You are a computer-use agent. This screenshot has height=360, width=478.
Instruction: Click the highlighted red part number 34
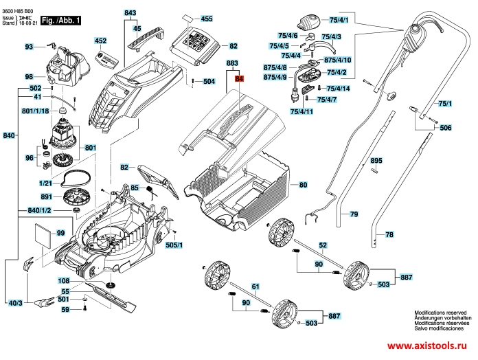pyautogui.click(x=240, y=79)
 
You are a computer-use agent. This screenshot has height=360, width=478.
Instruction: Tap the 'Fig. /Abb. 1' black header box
pyautogui.click(x=60, y=21)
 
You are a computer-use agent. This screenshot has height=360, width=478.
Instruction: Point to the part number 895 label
pyautogui.click(x=376, y=160)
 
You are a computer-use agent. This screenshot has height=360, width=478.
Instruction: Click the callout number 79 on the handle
pyautogui.click(x=354, y=215)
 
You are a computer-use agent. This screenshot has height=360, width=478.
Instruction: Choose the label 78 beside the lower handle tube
pyautogui.click(x=389, y=235)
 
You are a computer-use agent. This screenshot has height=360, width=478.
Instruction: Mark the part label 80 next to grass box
pyautogui.click(x=303, y=185)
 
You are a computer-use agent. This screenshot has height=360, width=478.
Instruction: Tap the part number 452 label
pyautogui.click(x=100, y=41)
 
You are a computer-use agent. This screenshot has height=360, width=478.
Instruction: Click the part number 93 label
pyautogui.click(x=29, y=47)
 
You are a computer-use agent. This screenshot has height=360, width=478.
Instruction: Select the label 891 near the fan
pyautogui.click(x=46, y=196)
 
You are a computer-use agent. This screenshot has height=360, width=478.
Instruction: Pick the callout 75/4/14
pyautogui.click(x=338, y=89)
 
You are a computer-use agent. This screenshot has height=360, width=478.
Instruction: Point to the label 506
pyautogui.click(x=446, y=128)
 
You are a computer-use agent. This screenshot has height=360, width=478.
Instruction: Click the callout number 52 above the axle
pyautogui.click(x=322, y=245)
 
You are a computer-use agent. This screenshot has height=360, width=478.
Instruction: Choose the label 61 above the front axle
pyautogui.click(x=255, y=286)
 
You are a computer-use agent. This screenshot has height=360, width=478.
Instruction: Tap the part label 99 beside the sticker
pyautogui.click(x=60, y=234)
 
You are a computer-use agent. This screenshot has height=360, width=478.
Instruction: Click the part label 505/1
pyautogui.click(x=173, y=245)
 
